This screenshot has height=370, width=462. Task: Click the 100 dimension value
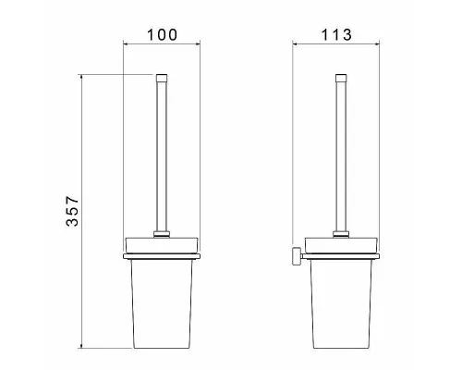coord(162,35)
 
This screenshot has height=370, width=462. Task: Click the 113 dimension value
coord(336,35)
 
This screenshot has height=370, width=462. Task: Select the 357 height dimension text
coord(73,211)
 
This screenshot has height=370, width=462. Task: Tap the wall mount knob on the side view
coord(297,255)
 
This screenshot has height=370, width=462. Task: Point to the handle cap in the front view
coord(162,78)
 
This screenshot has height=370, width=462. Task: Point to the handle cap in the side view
coord(341,78)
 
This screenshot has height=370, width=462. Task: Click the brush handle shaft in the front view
coord(162,155)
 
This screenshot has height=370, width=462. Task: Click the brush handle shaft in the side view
coord(341,155)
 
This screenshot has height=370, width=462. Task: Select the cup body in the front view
coord(162,303)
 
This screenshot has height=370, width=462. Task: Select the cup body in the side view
coord(341,303)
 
